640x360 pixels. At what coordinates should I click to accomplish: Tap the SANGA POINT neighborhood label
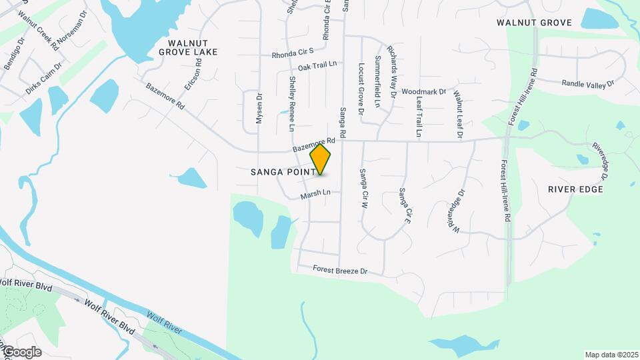click(x=280, y=172)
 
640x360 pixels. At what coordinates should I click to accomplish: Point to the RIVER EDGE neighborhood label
click(x=575, y=189)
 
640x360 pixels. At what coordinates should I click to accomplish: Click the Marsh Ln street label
click(x=315, y=194)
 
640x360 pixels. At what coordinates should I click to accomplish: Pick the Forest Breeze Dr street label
click(x=341, y=271)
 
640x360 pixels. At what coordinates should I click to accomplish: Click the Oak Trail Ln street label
click(x=317, y=66)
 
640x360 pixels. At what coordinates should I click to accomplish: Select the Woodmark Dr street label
click(x=424, y=91)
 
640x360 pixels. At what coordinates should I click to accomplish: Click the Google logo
click(x=21, y=352)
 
